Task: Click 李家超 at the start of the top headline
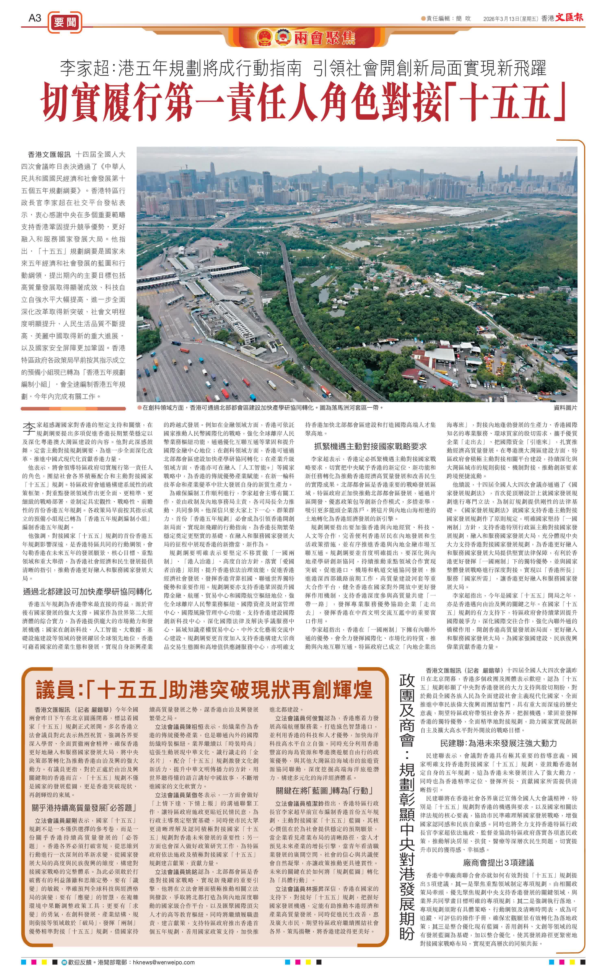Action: tap(85, 68)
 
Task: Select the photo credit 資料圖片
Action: tap(565, 408)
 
